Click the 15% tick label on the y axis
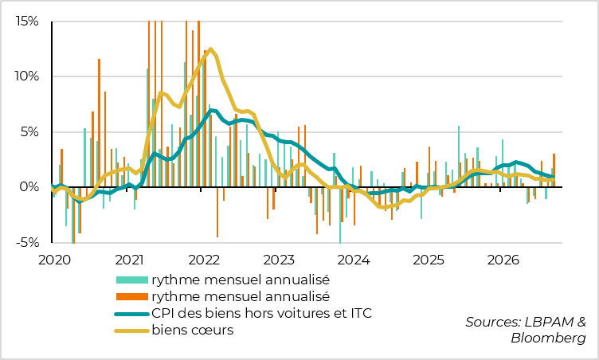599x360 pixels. [27, 22]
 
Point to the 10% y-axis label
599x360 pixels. [27, 76]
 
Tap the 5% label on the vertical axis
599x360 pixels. [29, 132]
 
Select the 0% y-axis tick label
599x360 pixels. [29, 187]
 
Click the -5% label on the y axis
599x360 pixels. [28, 242]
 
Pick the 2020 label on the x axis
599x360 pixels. [55, 260]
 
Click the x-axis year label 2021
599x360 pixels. [129, 260]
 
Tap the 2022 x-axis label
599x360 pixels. [204, 260]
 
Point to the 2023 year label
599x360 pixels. [279, 260]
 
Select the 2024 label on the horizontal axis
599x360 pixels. [354, 260]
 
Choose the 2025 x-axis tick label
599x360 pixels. [429, 260]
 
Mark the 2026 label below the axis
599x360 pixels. [503, 260]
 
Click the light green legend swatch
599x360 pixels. [131, 280]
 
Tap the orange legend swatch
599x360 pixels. [131, 296]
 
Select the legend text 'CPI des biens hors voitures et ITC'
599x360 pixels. [262, 313]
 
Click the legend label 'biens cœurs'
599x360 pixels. [193, 330]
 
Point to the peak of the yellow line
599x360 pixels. [210, 49]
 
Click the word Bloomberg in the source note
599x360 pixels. [548, 338]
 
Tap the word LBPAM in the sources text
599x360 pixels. [549, 322]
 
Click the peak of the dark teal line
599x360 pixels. [211, 111]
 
